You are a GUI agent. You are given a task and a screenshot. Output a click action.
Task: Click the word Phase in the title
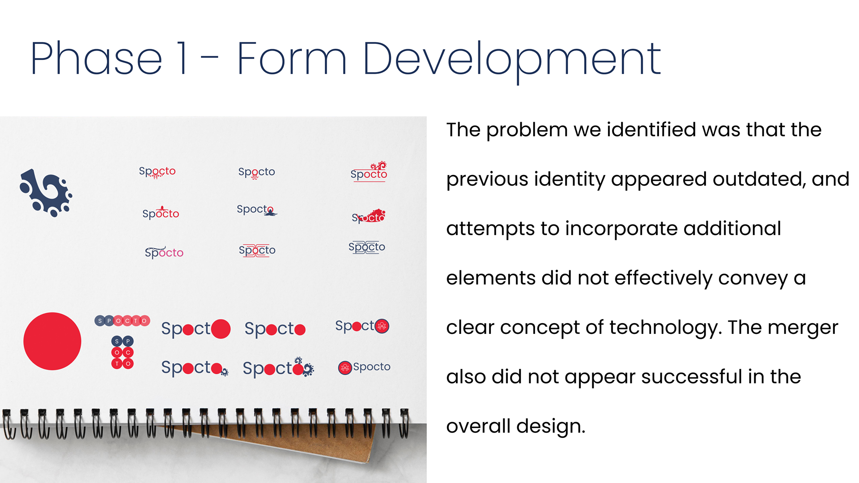(96, 58)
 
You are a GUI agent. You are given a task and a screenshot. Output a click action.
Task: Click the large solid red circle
(52, 341)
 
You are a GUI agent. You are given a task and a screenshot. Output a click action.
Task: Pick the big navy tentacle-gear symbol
(46, 192)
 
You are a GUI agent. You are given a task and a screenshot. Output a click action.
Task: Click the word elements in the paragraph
(491, 278)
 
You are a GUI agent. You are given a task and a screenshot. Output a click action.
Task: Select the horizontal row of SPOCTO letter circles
(122, 321)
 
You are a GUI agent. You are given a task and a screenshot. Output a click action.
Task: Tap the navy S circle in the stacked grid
(117, 341)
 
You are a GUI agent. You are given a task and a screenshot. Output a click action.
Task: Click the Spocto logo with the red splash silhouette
(369, 216)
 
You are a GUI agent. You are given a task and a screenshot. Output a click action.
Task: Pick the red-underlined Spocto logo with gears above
(369, 171)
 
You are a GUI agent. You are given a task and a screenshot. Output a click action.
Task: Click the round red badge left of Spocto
(345, 368)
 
